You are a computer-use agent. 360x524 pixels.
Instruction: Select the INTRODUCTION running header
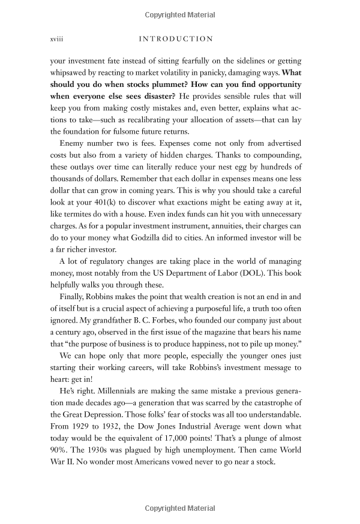coord(176,39)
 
